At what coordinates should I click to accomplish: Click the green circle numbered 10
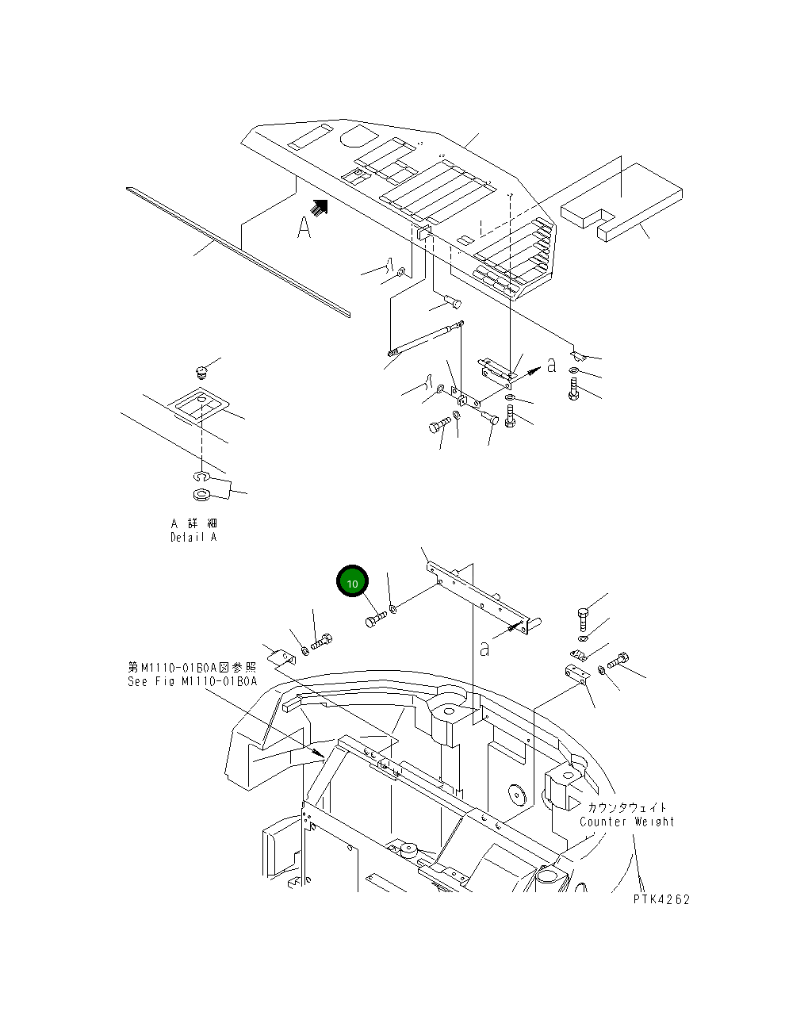tap(353, 583)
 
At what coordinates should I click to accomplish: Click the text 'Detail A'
tap(193, 537)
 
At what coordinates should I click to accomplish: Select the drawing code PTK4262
tap(661, 899)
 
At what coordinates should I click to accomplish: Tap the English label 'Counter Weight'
tap(626, 822)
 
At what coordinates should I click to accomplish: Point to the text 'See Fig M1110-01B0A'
tap(193, 681)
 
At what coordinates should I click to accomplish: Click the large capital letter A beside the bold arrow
tap(304, 228)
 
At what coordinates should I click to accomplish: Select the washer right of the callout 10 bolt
tap(394, 609)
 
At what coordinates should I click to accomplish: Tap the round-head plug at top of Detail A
tap(201, 370)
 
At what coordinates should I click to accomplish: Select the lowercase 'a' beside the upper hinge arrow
tap(552, 365)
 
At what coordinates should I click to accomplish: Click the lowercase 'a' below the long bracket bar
tap(484, 649)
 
